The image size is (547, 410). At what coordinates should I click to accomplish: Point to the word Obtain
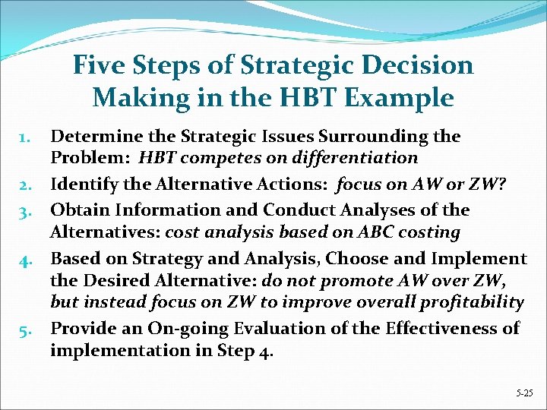tap(74, 210)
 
